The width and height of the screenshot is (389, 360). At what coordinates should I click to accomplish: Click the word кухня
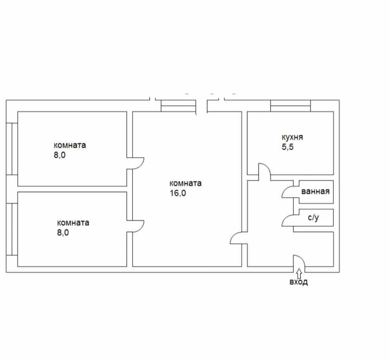(292, 137)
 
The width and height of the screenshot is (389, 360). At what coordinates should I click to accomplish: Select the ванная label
(315, 192)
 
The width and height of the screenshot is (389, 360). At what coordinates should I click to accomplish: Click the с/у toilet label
(313, 217)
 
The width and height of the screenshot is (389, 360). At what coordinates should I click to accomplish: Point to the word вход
(298, 282)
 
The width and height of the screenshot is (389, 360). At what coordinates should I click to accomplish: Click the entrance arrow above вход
(299, 272)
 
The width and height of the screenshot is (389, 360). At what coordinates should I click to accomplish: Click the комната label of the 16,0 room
(185, 183)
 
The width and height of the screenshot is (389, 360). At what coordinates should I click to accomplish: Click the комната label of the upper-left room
(70, 145)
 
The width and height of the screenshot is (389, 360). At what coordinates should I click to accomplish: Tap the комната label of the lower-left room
(73, 223)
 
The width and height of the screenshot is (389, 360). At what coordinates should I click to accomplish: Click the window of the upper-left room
(12, 149)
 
